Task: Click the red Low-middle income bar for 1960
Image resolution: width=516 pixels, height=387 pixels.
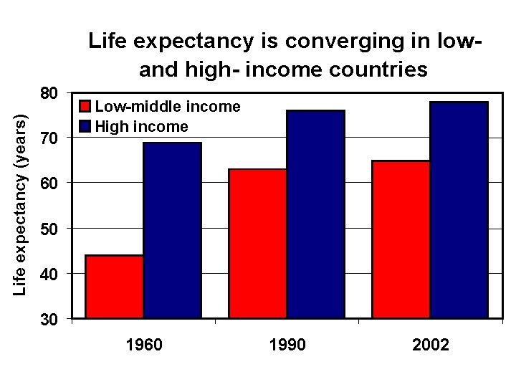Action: pyautogui.click(x=114, y=286)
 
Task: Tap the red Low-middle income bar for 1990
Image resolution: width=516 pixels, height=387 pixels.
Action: pyautogui.click(x=257, y=243)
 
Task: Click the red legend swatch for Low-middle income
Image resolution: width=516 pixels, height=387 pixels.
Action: pyautogui.click(x=85, y=107)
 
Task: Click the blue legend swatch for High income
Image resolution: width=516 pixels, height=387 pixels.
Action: pyautogui.click(x=85, y=127)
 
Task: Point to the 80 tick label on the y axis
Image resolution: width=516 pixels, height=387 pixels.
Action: pyautogui.click(x=49, y=93)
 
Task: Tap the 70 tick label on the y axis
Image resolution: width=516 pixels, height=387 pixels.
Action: pyautogui.click(x=49, y=138)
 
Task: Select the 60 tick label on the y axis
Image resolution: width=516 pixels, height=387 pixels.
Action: pyautogui.click(x=49, y=183)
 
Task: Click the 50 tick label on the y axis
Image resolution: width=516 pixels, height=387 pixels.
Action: pyautogui.click(x=49, y=229)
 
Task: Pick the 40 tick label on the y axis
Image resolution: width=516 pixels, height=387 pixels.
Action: pyautogui.click(x=49, y=274)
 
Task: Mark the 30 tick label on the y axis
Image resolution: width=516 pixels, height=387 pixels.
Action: pyautogui.click(x=49, y=319)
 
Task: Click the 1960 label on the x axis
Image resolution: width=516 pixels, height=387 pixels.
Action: pyautogui.click(x=143, y=345)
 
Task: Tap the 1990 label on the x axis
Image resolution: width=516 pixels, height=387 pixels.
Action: pyautogui.click(x=287, y=345)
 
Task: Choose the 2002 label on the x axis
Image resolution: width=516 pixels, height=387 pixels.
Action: pyautogui.click(x=431, y=345)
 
